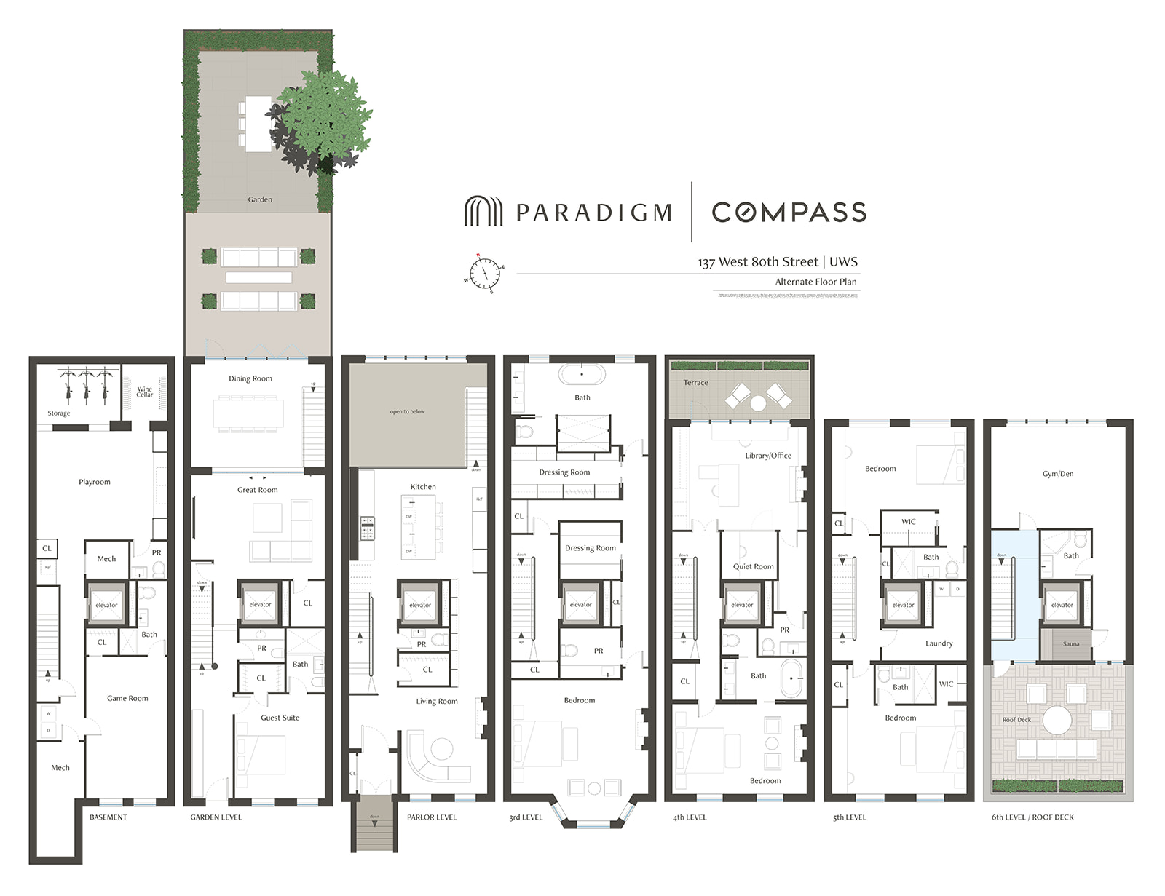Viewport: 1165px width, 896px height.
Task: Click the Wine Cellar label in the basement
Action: tap(145, 392)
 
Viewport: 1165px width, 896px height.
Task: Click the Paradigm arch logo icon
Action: tap(483, 211)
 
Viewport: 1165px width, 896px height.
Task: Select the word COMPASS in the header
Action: tap(789, 212)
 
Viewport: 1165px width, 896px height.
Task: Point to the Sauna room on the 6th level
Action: tap(1070, 644)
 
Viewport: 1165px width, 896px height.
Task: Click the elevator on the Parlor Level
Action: tap(420, 604)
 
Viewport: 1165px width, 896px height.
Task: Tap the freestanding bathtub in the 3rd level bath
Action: tap(582, 374)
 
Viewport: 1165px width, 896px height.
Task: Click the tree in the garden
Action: tap(322, 121)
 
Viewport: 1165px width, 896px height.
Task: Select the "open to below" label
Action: tap(407, 412)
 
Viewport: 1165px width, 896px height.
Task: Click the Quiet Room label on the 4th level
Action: tap(753, 566)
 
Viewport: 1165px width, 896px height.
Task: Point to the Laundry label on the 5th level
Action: tap(939, 643)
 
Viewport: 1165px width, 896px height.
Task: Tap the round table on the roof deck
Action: tap(1057, 721)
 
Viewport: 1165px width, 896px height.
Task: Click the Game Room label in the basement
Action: tap(127, 698)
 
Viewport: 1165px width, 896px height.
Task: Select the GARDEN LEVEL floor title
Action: tap(216, 817)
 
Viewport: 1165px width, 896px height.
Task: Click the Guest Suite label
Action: tap(280, 718)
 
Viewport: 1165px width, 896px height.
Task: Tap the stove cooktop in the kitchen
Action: tap(368, 528)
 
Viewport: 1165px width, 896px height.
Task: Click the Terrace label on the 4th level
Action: tap(695, 383)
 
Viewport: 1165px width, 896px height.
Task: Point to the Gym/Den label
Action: tap(1057, 474)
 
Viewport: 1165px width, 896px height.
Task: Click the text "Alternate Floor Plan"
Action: tap(815, 282)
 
